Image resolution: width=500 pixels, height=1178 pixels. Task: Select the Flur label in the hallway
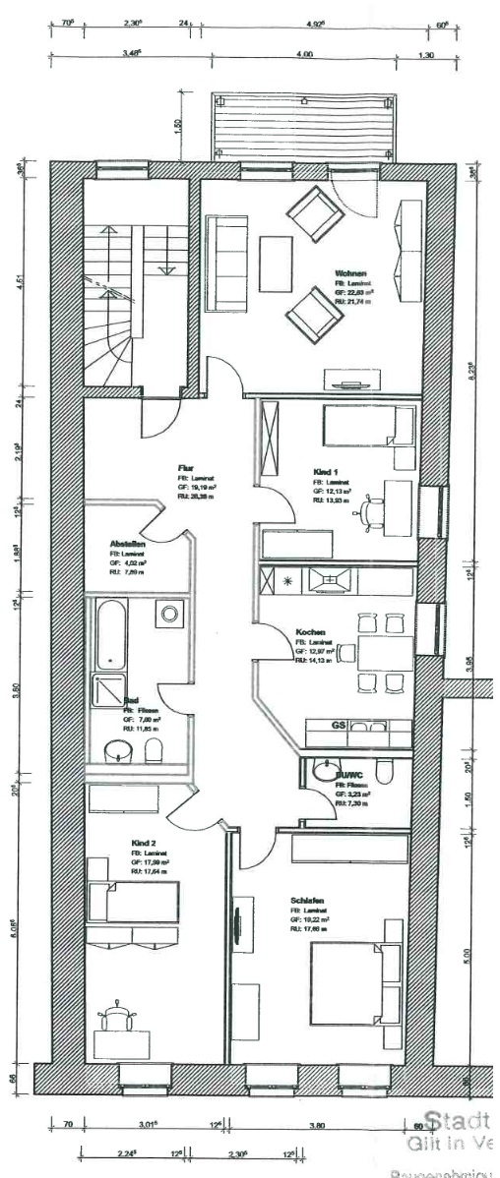click(184, 467)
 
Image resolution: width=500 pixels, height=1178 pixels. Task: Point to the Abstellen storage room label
click(128, 543)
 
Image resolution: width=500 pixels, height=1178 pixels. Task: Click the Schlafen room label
click(307, 900)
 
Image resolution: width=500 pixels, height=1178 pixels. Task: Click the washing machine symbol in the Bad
click(169, 614)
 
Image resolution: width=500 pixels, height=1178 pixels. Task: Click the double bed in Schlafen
click(356, 983)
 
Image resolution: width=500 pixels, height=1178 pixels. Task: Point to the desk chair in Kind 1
click(370, 510)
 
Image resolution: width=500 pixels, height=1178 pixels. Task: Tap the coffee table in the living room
click(276, 259)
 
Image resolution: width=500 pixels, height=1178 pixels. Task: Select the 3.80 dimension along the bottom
click(317, 1124)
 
